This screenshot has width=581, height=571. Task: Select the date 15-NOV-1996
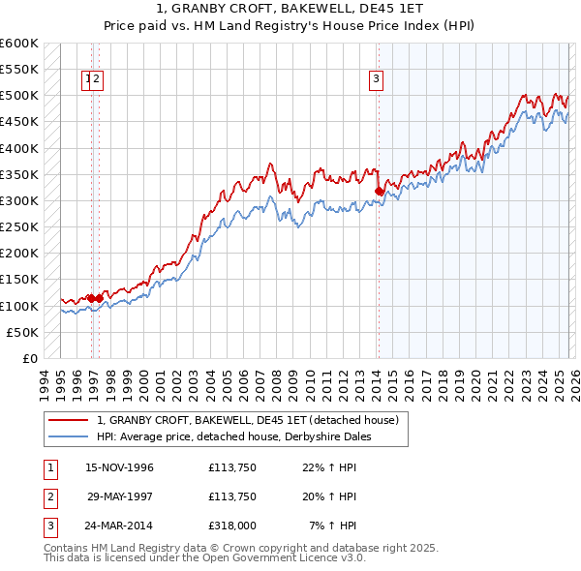pyautogui.click(x=120, y=467)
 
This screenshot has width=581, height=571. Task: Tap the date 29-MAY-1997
pyautogui.click(x=120, y=497)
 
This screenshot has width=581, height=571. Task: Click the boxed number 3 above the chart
pyautogui.click(x=376, y=80)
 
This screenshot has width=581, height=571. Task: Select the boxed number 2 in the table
pyautogui.click(x=49, y=497)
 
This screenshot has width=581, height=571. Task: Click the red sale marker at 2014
pyautogui.click(x=379, y=192)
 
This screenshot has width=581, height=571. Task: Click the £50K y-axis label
pyautogui.click(x=22, y=332)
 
